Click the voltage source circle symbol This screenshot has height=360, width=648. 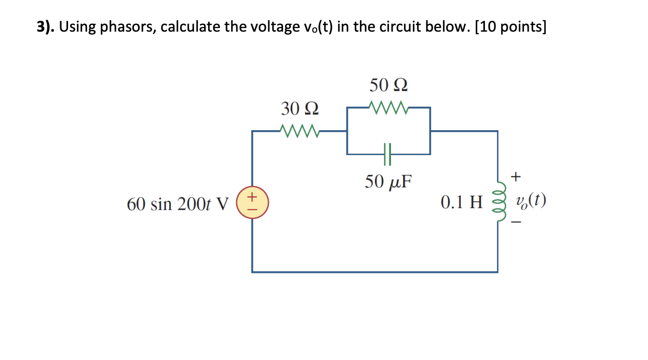(252, 202)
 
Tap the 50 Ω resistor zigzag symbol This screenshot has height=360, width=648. (389, 107)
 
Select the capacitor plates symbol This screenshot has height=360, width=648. (387, 154)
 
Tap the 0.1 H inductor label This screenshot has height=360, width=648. (462, 202)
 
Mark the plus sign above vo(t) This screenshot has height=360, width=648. (516, 177)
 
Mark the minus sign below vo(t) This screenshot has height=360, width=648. (516, 224)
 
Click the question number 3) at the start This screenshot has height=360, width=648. (45, 27)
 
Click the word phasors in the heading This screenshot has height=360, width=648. (129, 27)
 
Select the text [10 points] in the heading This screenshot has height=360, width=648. (510, 27)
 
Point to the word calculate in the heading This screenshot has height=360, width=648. (191, 27)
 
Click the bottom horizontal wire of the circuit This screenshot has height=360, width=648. (374, 271)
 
